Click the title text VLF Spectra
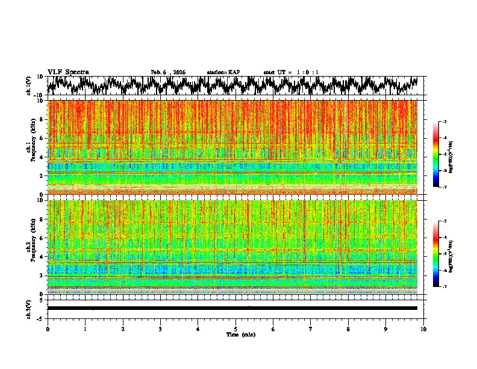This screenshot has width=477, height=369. pos(68,72)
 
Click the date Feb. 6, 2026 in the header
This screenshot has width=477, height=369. pos(168,72)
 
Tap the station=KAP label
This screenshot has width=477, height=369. pos(223,72)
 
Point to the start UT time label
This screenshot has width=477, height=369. pos(291,72)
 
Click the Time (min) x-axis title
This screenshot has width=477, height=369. pos(235,334)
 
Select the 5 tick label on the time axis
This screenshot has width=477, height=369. pos(235,329)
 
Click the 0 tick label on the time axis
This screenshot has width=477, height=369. pos(48,329)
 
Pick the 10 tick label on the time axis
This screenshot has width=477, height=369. pos(423,329)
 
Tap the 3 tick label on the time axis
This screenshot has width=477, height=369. pos(160,329)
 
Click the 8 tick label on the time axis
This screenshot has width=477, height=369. pos(348,329)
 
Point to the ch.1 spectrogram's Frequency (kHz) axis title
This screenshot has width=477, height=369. pos(30,147)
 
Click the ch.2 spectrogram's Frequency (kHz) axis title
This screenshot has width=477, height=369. pos(30,247)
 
